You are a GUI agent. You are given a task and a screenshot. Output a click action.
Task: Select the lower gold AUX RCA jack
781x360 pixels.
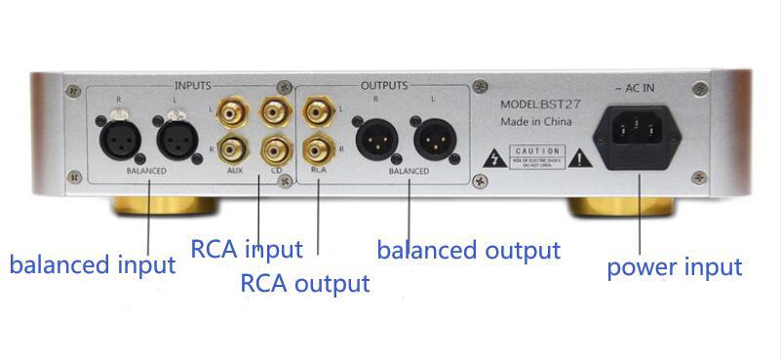[x=230, y=150]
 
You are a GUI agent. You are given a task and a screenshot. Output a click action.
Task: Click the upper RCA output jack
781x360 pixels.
[x=317, y=113]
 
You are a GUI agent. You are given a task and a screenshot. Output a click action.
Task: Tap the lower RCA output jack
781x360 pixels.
[x=317, y=150]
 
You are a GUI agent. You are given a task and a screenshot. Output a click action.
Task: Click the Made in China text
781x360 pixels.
[x=535, y=123]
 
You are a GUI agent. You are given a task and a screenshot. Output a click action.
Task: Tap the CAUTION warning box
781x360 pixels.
[x=537, y=156]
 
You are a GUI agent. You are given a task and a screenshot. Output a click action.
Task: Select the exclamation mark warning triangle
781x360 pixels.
[x=582, y=156]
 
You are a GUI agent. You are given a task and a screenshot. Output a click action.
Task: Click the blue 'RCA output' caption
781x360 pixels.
[x=304, y=284]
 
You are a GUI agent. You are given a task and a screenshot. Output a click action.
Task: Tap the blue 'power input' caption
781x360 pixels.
[x=675, y=266]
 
